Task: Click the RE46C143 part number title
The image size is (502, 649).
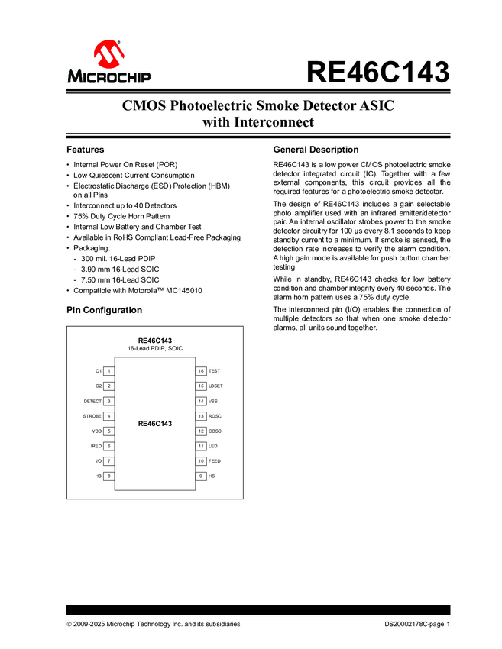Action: coord(377,73)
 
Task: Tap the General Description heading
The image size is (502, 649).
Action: coord(316,150)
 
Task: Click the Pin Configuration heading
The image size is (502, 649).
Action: coord(104,310)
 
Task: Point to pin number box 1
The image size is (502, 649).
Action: coord(109,371)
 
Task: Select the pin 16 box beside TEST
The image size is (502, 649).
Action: coord(201,371)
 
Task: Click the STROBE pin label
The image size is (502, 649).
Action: coord(92,416)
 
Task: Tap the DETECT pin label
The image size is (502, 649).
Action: coord(92,401)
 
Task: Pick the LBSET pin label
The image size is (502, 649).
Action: coord(215,386)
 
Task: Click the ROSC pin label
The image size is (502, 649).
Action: coord(215,416)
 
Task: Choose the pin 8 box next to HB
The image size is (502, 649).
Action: coord(109,476)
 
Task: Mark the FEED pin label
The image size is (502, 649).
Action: coord(215,461)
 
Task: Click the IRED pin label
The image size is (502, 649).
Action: coord(96,446)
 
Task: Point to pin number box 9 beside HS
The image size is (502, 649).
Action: coord(201,476)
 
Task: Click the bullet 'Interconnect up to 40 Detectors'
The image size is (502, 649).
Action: coord(125,205)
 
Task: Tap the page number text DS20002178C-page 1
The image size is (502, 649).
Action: coord(418,624)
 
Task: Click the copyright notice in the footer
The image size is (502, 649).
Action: coord(154,624)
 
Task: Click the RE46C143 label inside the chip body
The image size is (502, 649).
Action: coord(155,423)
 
